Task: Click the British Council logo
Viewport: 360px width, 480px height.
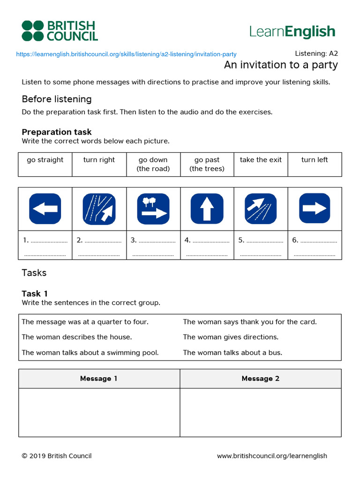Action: [60, 30]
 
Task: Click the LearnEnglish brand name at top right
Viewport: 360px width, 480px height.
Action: [292, 31]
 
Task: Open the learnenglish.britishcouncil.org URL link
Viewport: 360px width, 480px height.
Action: [126, 54]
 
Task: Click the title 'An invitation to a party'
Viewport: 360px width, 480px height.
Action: [280, 65]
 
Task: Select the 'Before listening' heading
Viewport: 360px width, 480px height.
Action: [57, 99]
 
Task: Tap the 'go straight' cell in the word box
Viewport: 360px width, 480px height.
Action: [45, 160]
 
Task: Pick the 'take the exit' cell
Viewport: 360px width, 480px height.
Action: [261, 160]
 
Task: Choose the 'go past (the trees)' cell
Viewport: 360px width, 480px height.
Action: [207, 164]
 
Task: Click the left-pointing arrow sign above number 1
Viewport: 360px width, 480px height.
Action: [45, 209]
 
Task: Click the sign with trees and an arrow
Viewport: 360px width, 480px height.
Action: [153, 209]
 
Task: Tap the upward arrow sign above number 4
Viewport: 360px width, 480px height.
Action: [207, 209]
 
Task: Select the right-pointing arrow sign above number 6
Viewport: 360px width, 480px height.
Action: [314, 209]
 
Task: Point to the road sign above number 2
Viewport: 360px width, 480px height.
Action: [99, 209]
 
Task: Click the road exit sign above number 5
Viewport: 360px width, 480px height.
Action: [261, 209]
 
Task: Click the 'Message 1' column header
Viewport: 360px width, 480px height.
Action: [99, 378]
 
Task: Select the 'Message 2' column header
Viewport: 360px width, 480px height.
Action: [261, 378]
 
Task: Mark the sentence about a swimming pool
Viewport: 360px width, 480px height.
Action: [90, 352]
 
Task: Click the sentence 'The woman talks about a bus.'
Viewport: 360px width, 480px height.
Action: [232, 352]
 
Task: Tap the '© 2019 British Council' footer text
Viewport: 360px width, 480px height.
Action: [57, 456]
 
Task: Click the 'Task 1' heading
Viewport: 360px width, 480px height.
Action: [35, 293]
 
